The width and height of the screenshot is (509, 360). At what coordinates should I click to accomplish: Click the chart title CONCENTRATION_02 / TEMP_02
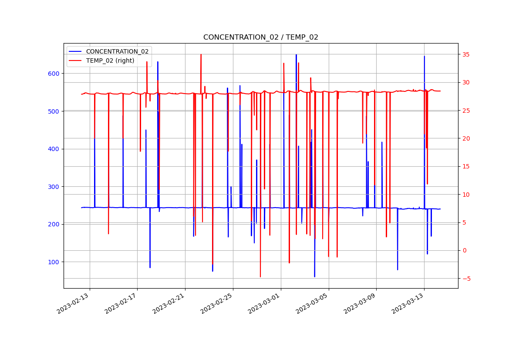(260, 37)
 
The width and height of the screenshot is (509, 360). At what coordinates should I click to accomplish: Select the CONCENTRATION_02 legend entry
(117, 51)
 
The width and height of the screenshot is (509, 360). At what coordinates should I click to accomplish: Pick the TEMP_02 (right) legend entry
(110, 61)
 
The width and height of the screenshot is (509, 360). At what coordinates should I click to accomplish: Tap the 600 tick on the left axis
(54, 74)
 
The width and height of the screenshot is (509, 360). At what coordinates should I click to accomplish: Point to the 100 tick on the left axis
(54, 262)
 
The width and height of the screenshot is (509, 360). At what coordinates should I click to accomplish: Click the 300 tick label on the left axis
(54, 187)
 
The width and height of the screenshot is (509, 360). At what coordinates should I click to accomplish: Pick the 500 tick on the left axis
(54, 111)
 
